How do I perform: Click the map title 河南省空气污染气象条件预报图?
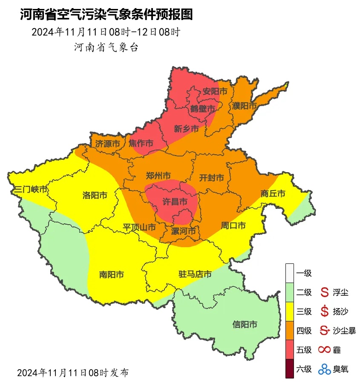pyautogui.click(x=106, y=15)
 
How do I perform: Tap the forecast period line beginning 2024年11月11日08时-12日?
pyautogui.click(x=106, y=32)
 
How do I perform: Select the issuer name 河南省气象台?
pyautogui.click(x=106, y=47)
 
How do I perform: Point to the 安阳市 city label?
pyautogui.click(x=215, y=92)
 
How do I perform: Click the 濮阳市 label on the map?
pyautogui.click(x=244, y=105)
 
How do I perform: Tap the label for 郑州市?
pyautogui.click(x=158, y=176)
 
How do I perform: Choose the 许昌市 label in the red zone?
pyautogui.click(x=176, y=201)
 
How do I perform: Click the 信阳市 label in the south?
pyautogui.click(x=245, y=325)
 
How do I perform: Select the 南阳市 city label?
pyautogui.click(x=111, y=275)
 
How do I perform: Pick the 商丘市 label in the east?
pyautogui.click(x=273, y=194)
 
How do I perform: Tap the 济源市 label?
pyautogui.click(x=107, y=144)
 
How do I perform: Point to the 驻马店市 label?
pyautogui.click(x=195, y=274)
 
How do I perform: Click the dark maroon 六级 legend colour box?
pyautogui.click(x=290, y=369)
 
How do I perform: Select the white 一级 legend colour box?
pyautogui.click(x=290, y=273)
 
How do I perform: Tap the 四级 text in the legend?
pyautogui.click(x=304, y=330)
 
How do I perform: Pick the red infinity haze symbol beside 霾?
pyautogui.click(x=325, y=350)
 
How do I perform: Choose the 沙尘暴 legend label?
pyautogui.click(x=344, y=330)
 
